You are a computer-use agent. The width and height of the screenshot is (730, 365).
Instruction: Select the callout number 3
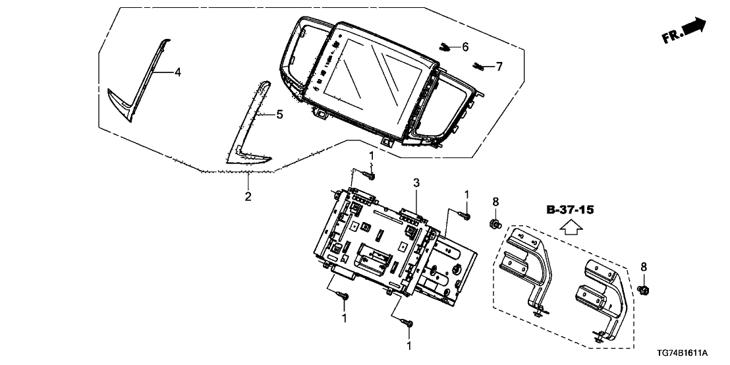[416, 182]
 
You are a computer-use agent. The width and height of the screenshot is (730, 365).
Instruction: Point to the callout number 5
[279, 115]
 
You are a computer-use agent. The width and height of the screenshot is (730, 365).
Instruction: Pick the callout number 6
[464, 47]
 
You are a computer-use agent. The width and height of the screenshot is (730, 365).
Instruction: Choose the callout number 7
[499, 66]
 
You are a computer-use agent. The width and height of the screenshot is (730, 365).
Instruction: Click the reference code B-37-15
[571, 210]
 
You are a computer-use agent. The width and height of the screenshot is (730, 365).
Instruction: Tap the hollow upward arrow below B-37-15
[571, 227]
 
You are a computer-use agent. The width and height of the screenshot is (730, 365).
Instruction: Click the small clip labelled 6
[446, 47]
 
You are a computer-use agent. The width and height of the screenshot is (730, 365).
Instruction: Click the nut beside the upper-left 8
[495, 225]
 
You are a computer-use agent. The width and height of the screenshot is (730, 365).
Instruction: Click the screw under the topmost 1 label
[371, 176]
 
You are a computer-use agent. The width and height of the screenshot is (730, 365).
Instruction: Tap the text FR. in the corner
[671, 36]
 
